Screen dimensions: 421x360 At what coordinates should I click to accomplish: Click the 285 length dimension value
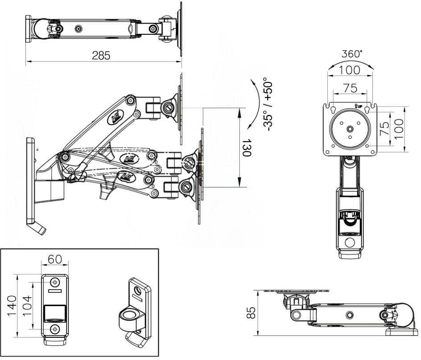[x=101, y=56]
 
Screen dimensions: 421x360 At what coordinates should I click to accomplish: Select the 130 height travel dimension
[x=246, y=148]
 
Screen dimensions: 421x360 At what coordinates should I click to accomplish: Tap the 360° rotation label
[x=352, y=53]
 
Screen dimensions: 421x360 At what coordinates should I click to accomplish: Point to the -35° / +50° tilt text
[x=268, y=104]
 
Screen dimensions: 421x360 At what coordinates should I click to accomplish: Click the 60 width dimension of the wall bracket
[x=55, y=259]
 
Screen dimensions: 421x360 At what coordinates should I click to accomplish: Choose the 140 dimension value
[x=12, y=306]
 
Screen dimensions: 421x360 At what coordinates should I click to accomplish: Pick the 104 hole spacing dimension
[x=27, y=306]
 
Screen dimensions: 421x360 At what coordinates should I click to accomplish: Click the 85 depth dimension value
[x=251, y=312]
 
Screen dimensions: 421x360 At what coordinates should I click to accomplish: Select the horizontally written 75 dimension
[x=350, y=88]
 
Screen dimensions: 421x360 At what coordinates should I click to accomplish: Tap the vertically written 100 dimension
[x=399, y=129]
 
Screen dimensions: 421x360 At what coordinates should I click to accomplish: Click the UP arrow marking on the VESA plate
[x=359, y=106]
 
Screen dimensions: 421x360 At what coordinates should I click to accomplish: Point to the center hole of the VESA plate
[x=350, y=129]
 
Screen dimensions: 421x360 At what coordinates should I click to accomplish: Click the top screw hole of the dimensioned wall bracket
[x=55, y=282]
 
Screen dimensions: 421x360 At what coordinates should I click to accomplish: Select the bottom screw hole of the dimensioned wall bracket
[x=55, y=328]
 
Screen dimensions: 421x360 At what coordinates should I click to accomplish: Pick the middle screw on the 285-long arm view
[x=78, y=29]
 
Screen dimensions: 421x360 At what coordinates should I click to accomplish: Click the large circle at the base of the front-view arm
[x=350, y=243]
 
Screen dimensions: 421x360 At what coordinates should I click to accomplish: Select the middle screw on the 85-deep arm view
[x=349, y=315]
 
